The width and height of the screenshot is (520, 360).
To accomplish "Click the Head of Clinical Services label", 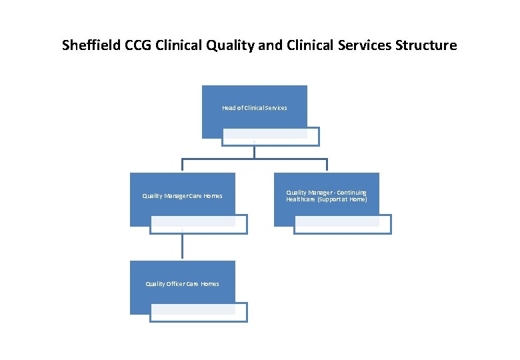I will (254, 108).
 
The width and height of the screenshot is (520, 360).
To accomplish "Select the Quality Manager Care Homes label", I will (182, 196).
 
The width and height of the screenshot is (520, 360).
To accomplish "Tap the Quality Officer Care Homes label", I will (182, 284).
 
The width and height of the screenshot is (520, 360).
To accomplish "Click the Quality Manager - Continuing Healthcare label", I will (326, 196).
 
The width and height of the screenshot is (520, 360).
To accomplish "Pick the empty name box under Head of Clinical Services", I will (271, 137).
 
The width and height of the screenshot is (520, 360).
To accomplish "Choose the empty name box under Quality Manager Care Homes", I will (198, 225).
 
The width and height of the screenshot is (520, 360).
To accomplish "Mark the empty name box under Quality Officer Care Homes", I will (198, 313).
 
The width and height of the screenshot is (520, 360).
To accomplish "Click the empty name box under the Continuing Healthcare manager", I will (343, 225).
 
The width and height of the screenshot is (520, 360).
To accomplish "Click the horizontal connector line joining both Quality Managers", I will (254, 159).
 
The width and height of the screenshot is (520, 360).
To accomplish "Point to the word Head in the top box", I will (229, 108).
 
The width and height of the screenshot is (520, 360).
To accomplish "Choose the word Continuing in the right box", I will (351, 193).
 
